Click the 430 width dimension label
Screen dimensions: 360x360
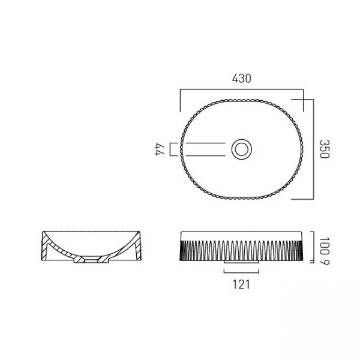pos(242,78)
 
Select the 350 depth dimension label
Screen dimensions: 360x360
pos(325,149)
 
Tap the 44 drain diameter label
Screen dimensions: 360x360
pos(160,149)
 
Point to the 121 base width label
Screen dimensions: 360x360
pos(241,284)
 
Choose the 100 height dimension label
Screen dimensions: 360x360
pos(325,246)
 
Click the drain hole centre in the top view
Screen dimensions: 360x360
pos(242,149)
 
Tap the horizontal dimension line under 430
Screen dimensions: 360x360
pos(242,89)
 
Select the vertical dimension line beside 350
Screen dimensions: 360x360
pos(313,149)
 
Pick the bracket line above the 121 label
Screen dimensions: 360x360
pos(242,273)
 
